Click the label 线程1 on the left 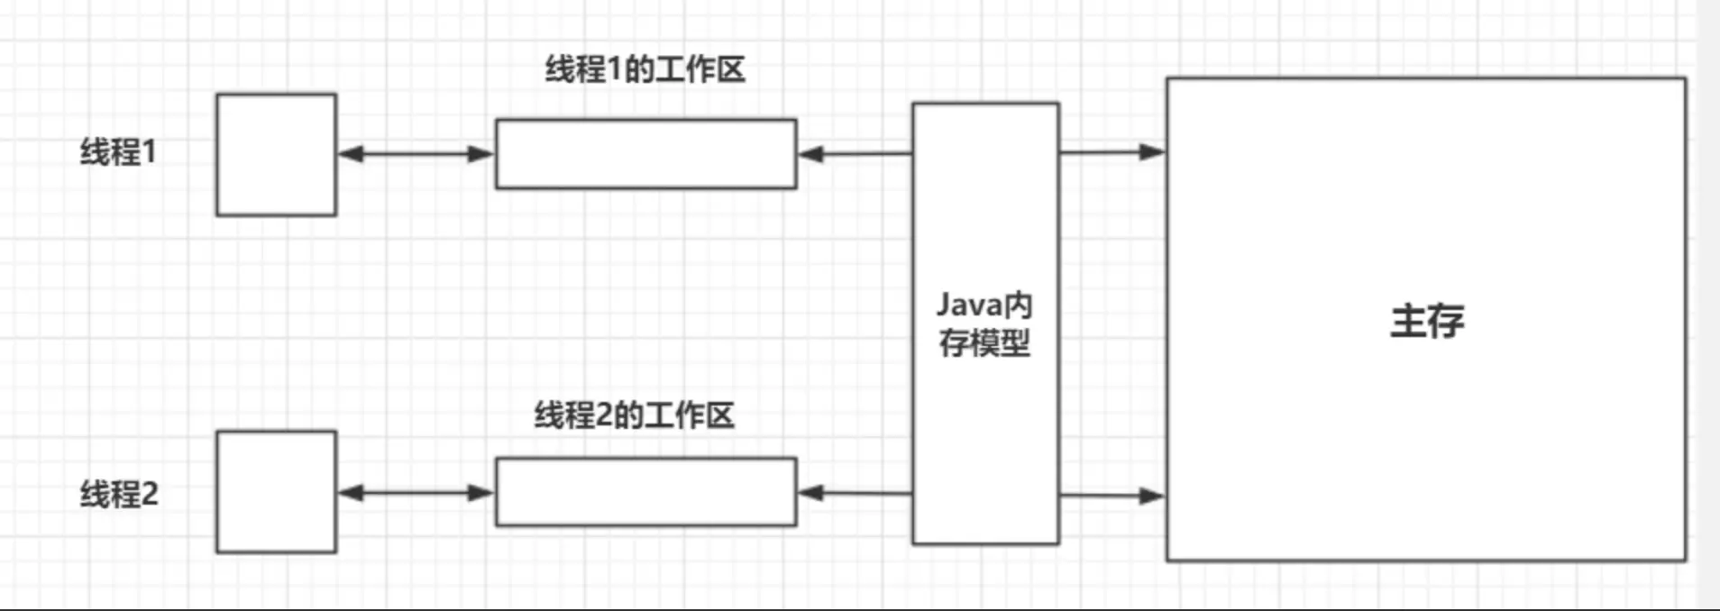click(x=118, y=151)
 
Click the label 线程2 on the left click(x=119, y=494)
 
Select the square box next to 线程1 click(x=276, y=155)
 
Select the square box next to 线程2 click(x=276, y=491)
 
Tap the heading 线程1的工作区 click(x=645, y=69)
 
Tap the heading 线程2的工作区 click(x=634, y=415)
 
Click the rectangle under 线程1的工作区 click(x=645, y=154)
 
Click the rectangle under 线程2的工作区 click(x=645, y=492)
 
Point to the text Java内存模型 click(x=984, y=324)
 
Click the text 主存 click(x=1427, y=322)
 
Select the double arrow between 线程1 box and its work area click(x=416, y=154)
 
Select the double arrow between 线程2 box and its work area click(x=416, y=492)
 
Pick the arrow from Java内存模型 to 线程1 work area click(x=855, y=154)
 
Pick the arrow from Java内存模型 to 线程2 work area click(x=855, y=493)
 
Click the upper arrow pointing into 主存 click(x=1112, y=152)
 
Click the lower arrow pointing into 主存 click(x=1112, y=496)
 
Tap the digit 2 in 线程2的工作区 click(x=605, y=415)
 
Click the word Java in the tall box click(x=965, y=305)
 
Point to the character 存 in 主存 click(x=1446, y=322)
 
